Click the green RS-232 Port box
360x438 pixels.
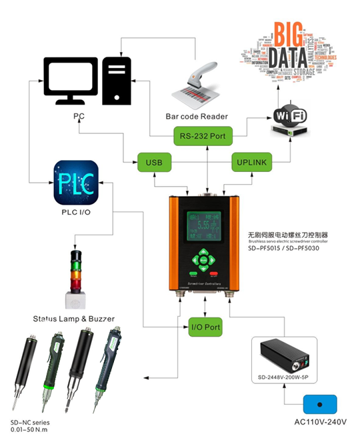point(201,137)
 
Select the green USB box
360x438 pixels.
point(154,161)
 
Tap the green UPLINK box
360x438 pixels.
point(253,161)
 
